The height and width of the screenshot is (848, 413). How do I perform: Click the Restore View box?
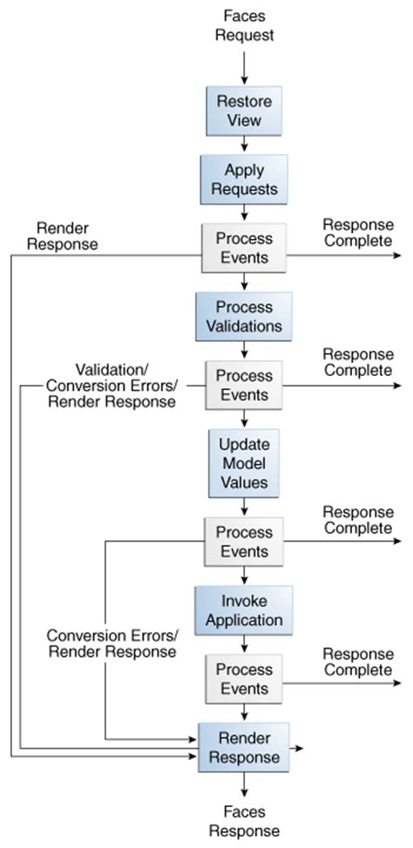(x=244, y=110)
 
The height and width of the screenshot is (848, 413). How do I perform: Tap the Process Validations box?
(x=244, y=316)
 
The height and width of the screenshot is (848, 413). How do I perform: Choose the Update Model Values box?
(x=244, y=462)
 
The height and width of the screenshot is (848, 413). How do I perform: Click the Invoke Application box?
(x=244, y=611)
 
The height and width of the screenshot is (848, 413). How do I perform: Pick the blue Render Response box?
(x=244, y=749)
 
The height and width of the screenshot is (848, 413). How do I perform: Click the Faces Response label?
(x=244, y=821)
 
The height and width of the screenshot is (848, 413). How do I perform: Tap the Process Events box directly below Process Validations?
(x=244, y=384)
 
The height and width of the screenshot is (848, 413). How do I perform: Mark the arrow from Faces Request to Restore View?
(x=244, y=66)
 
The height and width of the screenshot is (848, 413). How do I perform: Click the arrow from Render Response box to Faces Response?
(x=244, y=787)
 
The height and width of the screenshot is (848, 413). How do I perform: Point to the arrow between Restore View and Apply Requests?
(x=244, y=144)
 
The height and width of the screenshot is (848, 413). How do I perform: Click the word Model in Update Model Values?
(x=244, y=462)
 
